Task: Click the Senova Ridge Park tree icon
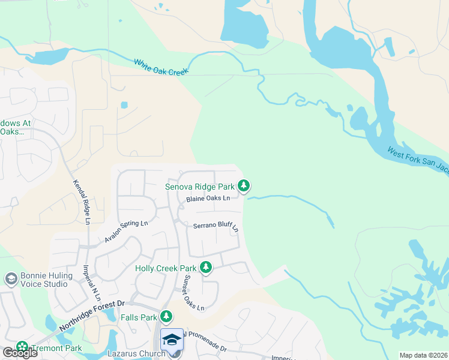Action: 244,186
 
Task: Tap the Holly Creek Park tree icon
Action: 206,268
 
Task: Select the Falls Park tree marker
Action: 166,316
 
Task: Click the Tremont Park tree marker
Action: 22,347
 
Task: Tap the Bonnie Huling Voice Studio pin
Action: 11,279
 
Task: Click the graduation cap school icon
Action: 172,340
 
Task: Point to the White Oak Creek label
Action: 161,66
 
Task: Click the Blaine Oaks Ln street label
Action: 208,198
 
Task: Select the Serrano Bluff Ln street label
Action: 215,227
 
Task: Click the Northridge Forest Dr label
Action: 91,316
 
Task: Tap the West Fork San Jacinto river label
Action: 417,160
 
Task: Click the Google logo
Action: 20,353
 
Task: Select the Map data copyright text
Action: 423,355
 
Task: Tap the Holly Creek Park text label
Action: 166,268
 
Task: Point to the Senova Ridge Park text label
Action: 200,187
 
